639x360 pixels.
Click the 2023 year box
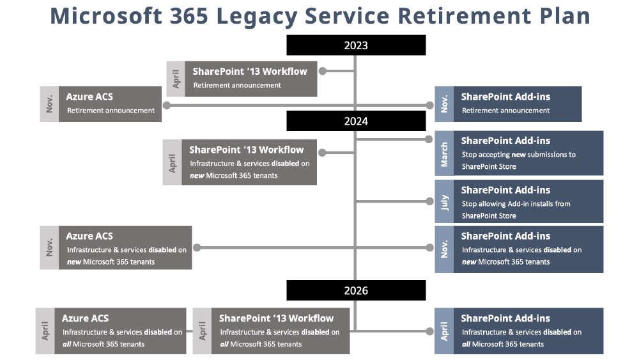point(356,45)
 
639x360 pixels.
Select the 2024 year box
point(356,121)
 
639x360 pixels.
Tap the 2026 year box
point(356,290)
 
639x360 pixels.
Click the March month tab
point(444,154)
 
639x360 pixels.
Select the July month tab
point(444,201)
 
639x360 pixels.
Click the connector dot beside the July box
point(429,201)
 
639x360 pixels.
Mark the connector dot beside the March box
point(429,139)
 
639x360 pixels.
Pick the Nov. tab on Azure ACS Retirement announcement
point(49,104)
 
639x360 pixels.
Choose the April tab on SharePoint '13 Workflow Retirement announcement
point(176,79)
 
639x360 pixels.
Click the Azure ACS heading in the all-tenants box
point(85,318)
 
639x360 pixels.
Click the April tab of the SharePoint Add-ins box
point(444,331)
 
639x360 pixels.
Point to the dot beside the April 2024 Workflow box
point(322,153)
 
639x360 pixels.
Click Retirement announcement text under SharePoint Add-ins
point(505,111)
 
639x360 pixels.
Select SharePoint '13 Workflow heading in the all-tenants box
point(276,318)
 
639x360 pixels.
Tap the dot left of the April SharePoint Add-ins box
point(429,331)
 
